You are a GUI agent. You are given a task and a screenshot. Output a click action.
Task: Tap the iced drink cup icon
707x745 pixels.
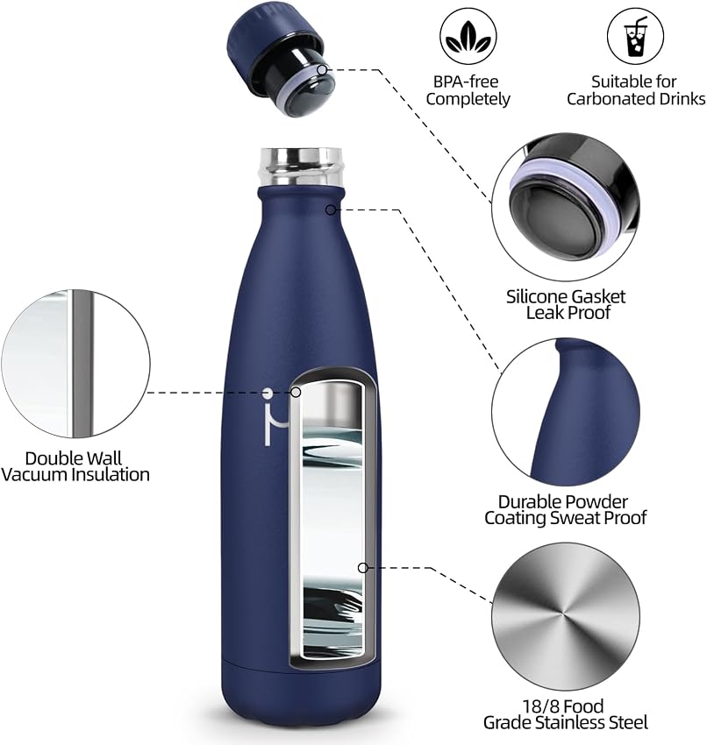point(635,36)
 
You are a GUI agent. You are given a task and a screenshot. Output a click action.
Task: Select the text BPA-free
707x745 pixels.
point(466,82)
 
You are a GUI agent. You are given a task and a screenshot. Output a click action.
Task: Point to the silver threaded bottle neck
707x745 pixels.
point(301,167)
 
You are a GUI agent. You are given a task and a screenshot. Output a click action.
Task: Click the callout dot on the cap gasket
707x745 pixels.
point(322,70)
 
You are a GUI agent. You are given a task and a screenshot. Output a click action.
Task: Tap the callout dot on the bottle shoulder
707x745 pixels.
point(331,209)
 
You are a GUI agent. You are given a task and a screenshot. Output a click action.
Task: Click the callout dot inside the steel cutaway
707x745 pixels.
point(363,568)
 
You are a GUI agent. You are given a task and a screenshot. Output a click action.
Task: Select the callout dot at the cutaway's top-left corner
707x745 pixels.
point(296,392)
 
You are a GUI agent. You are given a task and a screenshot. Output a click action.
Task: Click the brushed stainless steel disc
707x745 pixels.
point(565,616)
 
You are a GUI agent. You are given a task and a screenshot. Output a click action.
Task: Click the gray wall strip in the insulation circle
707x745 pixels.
point(82,364)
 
